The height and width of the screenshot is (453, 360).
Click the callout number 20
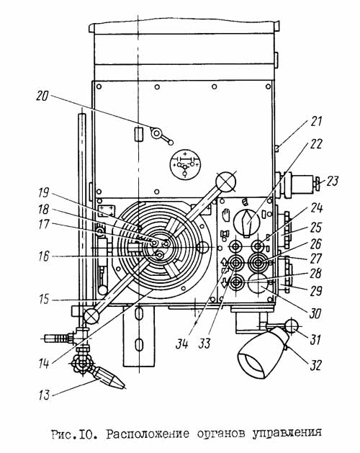(x=42, y=97)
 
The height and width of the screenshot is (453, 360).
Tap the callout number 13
(x=44, y=395)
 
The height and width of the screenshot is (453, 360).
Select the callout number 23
(x=332, y=181)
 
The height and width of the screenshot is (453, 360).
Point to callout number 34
(x=182, y=344)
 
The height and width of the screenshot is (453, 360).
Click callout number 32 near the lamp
(x=315, y=365)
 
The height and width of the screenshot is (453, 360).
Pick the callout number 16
(x=44, y=256)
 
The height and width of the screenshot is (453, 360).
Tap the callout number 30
(x=315, y=313)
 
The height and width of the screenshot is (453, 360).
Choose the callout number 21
(x=316, y=121)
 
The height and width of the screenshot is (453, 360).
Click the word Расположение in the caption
(x=148, y=434)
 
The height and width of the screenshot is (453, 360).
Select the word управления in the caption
(x=287, y=434)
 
